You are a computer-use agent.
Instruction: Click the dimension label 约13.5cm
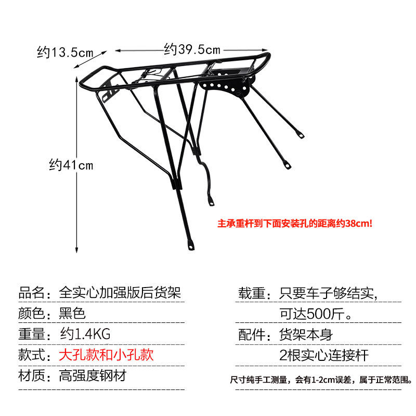66,52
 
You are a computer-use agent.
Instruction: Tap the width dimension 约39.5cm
192,49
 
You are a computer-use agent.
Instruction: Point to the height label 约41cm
71,165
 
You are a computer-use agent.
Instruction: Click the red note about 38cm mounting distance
295,224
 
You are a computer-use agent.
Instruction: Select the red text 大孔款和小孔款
106,355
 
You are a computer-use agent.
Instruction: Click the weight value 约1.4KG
85,334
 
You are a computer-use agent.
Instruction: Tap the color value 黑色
72,314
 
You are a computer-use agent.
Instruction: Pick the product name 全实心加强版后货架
120,293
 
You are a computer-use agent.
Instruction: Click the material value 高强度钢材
93,375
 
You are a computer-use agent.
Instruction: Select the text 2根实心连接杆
324,355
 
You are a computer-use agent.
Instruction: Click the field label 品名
32,293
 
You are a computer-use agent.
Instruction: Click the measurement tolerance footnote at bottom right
321,380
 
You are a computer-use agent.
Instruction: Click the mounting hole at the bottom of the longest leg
191,246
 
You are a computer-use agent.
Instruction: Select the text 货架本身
306,334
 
